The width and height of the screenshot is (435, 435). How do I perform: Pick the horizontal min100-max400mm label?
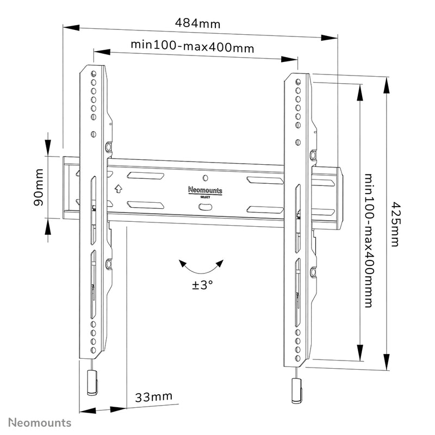tap(192, 47)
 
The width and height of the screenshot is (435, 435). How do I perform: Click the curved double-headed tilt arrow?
tap(202, 267)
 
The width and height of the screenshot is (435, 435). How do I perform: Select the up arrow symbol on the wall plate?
tap(119, 189)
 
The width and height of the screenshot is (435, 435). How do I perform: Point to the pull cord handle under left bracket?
tap(92, 383)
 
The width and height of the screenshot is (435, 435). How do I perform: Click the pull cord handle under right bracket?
tap(296, 390)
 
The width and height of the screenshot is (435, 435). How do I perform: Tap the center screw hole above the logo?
tap(205, 178)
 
